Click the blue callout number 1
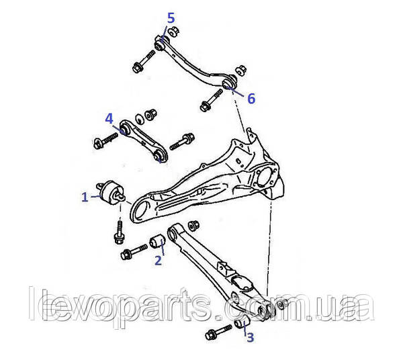[85, 197]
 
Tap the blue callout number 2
[158, 261]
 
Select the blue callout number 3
[251, 337]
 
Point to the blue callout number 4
[109, 119]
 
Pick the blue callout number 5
[171, 18]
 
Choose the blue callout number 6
[251, 99]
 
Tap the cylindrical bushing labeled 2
[156, 240]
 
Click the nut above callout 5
[174, 31]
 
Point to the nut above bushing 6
[241, 70]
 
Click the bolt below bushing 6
[211, 100]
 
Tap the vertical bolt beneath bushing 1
[119, 232]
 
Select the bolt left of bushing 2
[134, 252]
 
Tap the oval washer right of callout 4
[140, 119]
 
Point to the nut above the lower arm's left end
[193, 226]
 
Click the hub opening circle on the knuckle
[267, 177]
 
